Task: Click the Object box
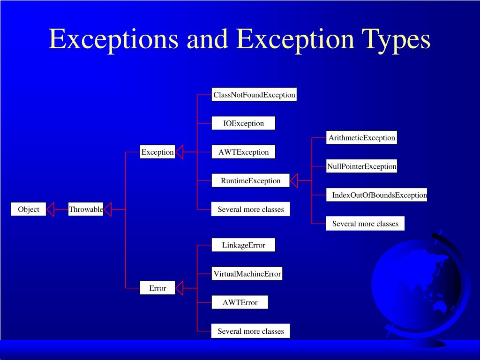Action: (29, 209)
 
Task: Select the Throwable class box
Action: (86, 209)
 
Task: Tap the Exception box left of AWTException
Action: (157, 152)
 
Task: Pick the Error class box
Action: (157, 288)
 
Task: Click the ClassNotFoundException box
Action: (254, 95)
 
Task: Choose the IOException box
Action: (243, 123)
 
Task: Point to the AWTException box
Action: (243, 152)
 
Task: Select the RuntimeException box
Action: (251, 180)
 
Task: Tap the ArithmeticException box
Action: (362, 137)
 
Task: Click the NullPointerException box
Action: (362, 166)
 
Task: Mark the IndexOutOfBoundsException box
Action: (377, 195)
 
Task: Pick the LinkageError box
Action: (243, 245)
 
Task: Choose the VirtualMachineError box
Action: (247, 274)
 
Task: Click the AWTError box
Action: (240, 302)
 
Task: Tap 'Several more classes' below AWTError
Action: (251, 331)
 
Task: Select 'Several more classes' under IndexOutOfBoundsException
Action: (365, 224)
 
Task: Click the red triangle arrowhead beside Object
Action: (51, 209)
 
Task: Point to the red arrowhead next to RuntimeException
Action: (294, 180)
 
